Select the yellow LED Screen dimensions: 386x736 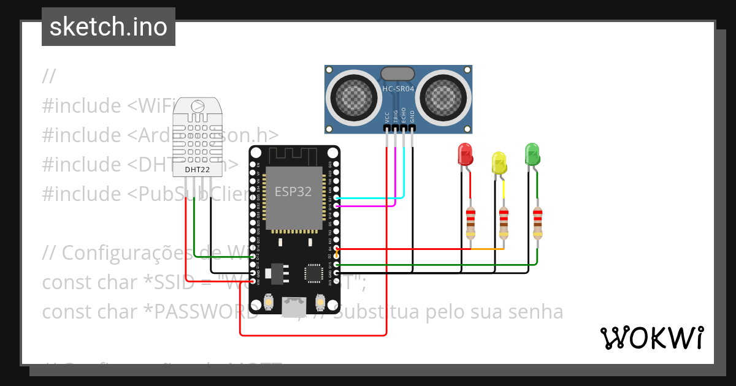point(500,162)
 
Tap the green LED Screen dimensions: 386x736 point(532,153)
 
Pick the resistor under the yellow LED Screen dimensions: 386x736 point(504,224)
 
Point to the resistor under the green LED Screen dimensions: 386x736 point(537,224)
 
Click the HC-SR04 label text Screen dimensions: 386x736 point(399,89)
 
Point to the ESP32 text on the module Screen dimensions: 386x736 point(293,192)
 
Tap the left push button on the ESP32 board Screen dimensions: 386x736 point(268,302)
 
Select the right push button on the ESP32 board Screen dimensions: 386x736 point(320,302)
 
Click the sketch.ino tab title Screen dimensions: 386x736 point(109,27)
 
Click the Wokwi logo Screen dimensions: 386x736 point(651,337)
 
